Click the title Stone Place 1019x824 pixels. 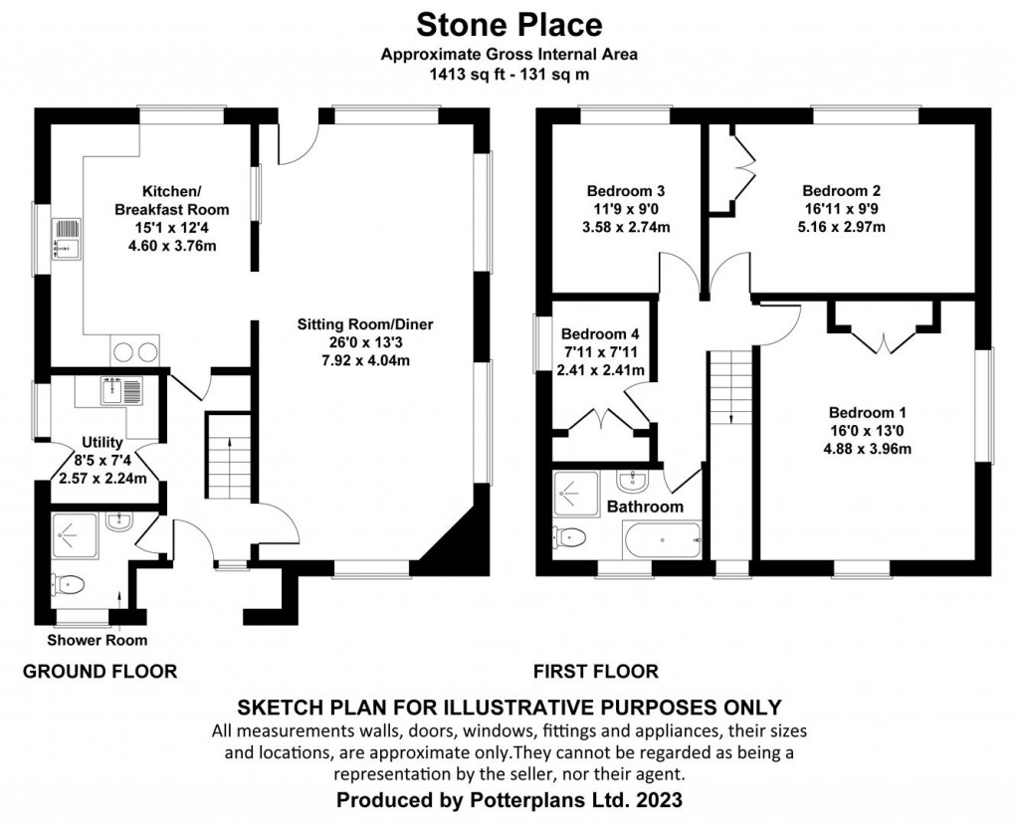tap(509, 23)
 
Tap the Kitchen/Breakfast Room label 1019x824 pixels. tap(171, 200)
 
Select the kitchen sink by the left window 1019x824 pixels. tap(67, 240)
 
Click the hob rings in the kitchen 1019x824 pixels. tap(136, 351)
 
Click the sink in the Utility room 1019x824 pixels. tap(122, 390)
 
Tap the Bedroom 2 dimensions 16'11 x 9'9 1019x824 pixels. tap(842, 209)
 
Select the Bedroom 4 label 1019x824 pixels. tap(599, 334)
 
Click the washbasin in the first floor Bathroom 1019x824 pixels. tap(632, 482)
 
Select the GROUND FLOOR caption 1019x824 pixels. tap(100, 672)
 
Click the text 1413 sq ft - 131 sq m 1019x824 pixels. tap(509, 74)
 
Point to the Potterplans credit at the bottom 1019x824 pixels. tap(509, 799)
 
